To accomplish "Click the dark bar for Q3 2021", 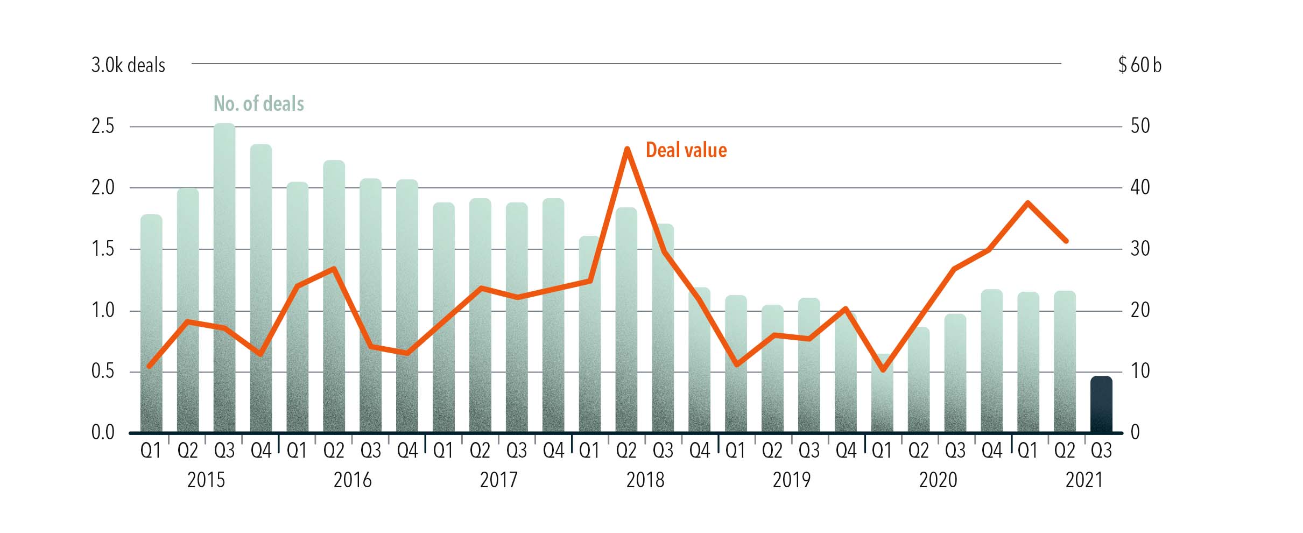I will point(1101,404).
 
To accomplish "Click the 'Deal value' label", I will point(686,150).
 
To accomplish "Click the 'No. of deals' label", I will point(259,103).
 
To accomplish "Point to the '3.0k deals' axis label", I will point(128,65).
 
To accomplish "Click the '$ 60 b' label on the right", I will point(1139,65).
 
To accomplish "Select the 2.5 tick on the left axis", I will point(103,127).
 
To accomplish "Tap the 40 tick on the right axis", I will point(1140,187).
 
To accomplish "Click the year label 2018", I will point(645,480).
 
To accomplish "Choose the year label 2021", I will point(1084,480).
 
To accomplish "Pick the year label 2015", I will point(206,480).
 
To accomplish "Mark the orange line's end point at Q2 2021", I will point(1066,241).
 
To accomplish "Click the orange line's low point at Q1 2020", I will point(883,370).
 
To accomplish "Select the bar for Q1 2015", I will point(151,323).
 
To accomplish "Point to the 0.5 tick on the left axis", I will point(103,371).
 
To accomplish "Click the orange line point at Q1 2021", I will point(1028,203).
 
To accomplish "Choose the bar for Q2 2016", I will point(334,296).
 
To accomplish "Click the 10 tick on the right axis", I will point(1140,371).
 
